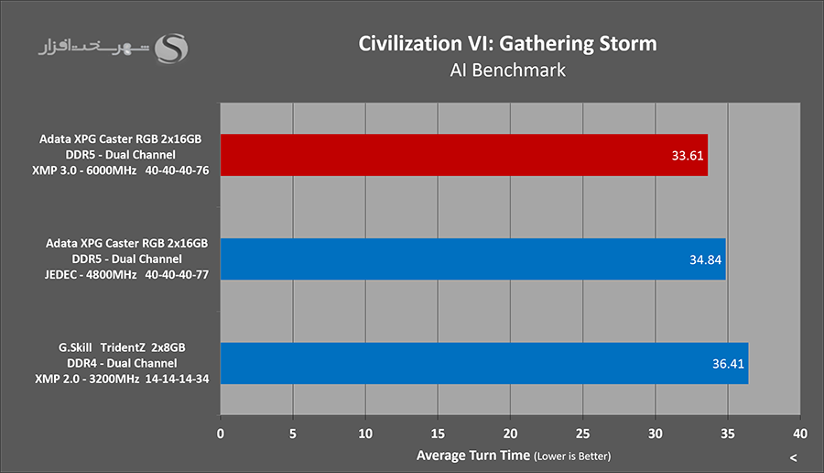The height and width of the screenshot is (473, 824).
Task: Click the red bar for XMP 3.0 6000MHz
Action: [x=463, y=155]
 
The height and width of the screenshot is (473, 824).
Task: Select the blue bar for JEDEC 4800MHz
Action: [x=472, y=259]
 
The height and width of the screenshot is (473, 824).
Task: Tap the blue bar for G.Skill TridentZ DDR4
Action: [x=484, y=363]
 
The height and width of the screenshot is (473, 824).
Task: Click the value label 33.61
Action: [x=688, y=156]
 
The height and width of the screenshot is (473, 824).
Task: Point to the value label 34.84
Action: [x=705, y=259]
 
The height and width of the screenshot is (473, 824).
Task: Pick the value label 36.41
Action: [x=728, y=364]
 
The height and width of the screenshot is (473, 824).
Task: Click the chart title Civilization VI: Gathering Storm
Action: [x=507, y=43]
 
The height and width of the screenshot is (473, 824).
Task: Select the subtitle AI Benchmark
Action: [x=507, y=70]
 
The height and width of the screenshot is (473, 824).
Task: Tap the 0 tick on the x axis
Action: [x=221, y=433]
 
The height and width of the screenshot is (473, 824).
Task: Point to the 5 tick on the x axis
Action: [x=293, y=433]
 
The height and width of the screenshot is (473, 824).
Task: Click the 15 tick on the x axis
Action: [x=438, y=433]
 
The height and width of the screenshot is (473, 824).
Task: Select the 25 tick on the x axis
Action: [x=583, y=433]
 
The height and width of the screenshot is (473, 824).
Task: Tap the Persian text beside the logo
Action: [x=93, y=46]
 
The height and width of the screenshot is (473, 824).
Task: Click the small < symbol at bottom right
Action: [x=793, y=457]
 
